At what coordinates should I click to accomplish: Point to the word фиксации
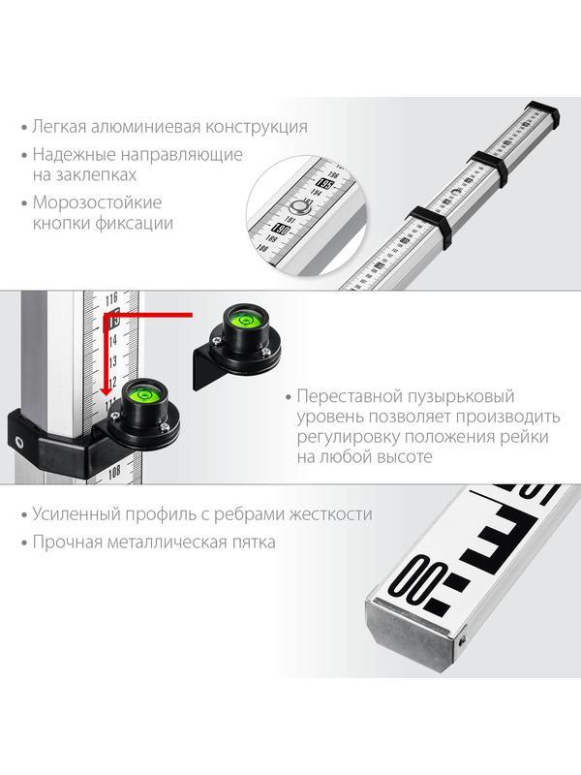[x=140, y=224]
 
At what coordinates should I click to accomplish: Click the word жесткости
[x=330, y=515]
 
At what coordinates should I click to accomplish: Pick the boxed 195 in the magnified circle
[x=325, y=183]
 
